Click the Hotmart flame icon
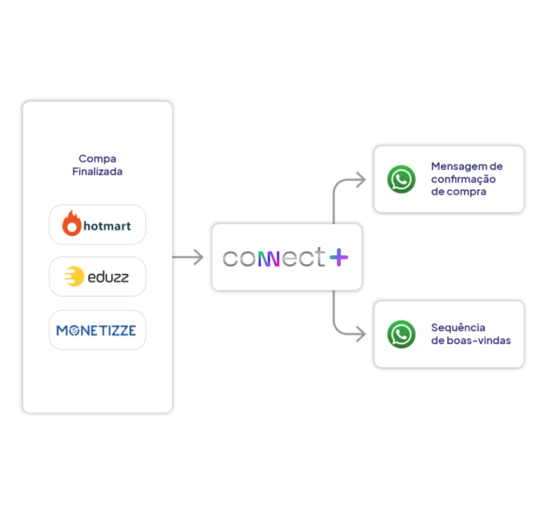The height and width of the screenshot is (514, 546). point(72,223)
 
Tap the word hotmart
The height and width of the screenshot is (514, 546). point(107,226)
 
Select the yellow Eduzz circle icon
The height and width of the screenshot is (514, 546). point(74,277)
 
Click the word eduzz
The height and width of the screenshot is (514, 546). point(108,277)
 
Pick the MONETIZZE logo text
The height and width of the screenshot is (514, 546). point(96,330)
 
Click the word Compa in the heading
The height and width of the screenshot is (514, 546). point(97,159)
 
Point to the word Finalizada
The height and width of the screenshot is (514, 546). point(97,172)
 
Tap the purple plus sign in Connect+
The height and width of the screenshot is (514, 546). point(338,257)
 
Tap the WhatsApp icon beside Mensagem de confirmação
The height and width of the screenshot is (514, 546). point(401,179)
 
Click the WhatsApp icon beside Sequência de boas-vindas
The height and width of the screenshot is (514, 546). point(401,334)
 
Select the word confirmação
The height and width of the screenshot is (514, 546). point(463,179)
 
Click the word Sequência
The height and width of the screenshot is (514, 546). point(458,328)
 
